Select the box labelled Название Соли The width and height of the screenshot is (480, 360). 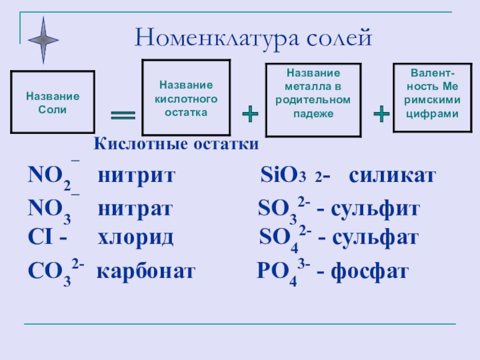tap(52, 102)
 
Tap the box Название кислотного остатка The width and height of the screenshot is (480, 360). tap(186, 98)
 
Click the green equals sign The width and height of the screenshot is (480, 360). tap(123, 115)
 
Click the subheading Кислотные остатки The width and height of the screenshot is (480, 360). tap(176, 145)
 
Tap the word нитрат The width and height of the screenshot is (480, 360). tap(136, 209)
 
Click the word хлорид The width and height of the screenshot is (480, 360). tap(136, 238)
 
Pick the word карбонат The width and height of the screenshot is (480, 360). tap(146, 272)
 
